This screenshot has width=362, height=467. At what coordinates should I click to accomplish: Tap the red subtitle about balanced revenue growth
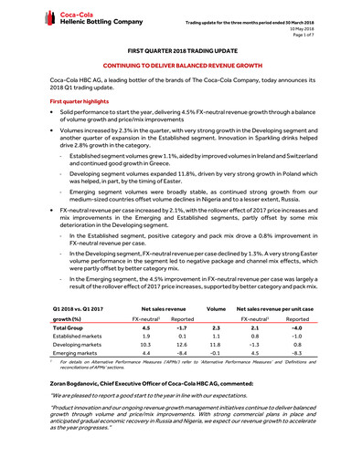coord(181,68)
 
